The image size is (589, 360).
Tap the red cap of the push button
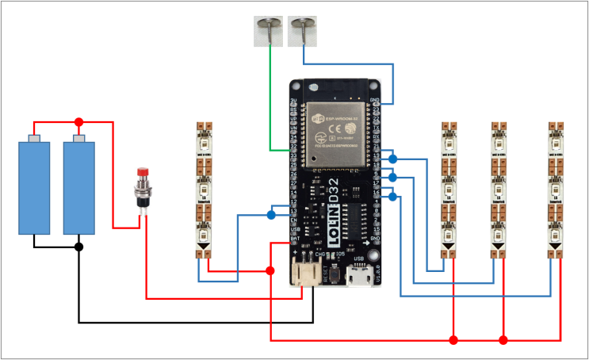tap(143, 172)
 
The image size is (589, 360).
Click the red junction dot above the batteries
tap(78, 122)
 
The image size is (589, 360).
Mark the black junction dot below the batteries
tap(78, 247)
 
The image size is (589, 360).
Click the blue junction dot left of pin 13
tap(271, 215)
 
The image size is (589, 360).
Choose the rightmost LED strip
tap(557, 190)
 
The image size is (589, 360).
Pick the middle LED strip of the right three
tap(498, 190)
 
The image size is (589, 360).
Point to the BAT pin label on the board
tap(294, 238)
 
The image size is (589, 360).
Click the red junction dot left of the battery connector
tap(270, 270)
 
